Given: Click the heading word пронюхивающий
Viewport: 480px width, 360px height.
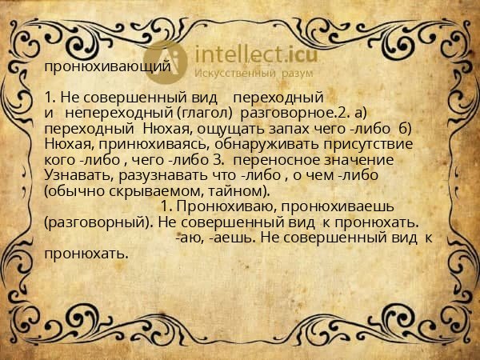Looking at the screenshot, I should tap(106, 67).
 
